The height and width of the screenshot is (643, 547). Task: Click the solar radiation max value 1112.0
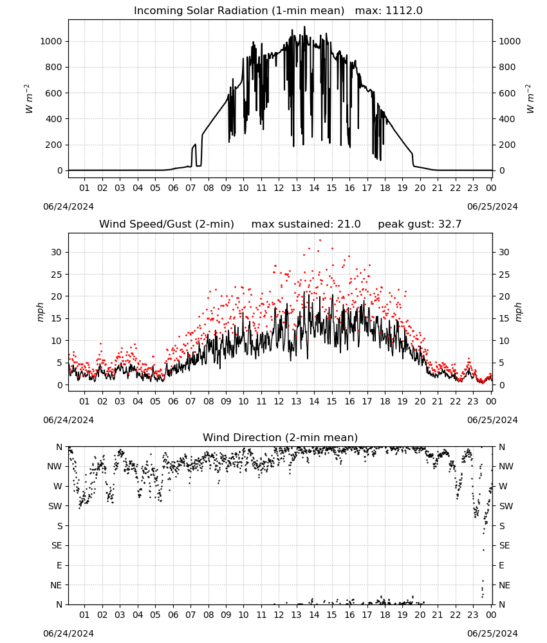[403, 11]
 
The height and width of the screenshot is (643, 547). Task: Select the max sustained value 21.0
[349, 224]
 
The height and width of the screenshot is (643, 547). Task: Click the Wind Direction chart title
[281, 437]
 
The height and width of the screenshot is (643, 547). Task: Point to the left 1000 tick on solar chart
[51, 41]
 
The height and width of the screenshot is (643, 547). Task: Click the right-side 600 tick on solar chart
[507, 93]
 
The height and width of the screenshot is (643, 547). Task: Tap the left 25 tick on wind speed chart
[56, 275]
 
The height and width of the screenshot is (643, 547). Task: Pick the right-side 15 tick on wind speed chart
[504, 319]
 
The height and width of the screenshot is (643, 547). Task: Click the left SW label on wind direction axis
[55, 507]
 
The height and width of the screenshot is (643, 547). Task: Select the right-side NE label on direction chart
[505, 586]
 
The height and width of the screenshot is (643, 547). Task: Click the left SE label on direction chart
[57, 546]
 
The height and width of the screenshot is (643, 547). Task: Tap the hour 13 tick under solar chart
[296, 188]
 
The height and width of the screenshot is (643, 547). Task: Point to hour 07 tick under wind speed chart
[190, 401]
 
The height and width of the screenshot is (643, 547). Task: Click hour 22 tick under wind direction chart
[455, 615]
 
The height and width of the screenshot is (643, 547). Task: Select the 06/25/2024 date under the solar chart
[492, 206]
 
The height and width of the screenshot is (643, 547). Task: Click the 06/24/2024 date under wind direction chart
[68, 633]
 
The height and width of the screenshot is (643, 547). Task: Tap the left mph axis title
[40, 312]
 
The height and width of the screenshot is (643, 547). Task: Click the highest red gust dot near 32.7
[320, 240]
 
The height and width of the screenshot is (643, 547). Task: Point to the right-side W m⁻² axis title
[530, 99]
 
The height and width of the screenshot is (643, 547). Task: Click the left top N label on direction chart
[59, 448]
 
